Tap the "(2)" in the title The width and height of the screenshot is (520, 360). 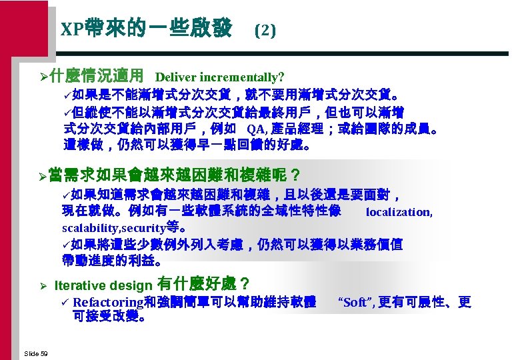265,31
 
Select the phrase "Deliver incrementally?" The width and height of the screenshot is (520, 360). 220,78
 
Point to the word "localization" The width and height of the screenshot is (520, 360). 399,212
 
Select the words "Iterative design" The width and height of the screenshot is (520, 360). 103,285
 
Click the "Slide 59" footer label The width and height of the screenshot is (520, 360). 35,353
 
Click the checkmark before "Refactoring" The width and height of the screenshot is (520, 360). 65,302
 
